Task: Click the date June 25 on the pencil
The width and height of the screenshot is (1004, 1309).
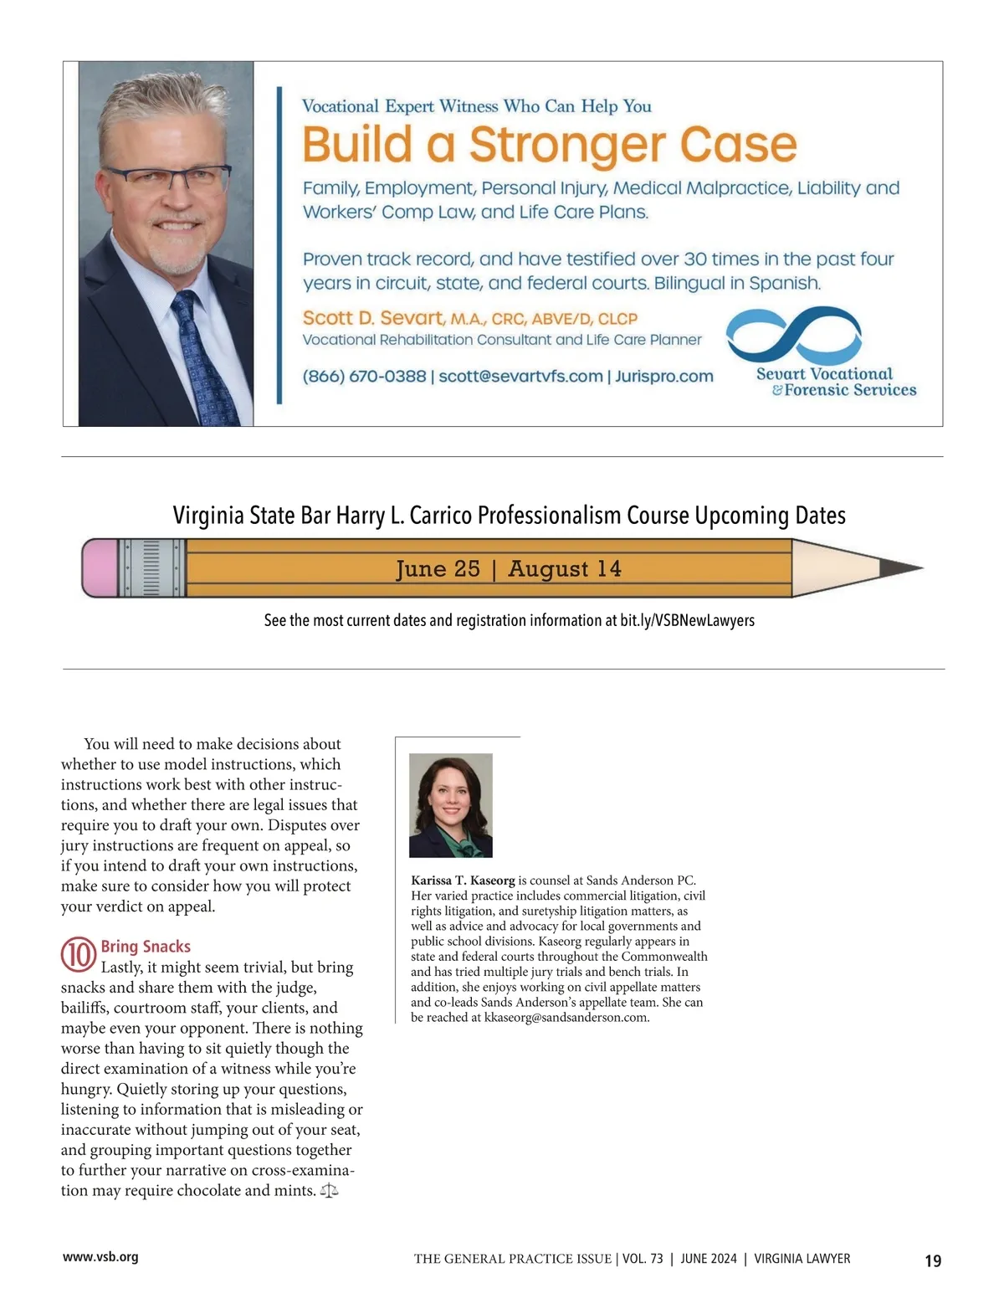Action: coord(438,569)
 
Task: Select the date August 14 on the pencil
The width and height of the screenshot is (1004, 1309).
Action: coord(565,569)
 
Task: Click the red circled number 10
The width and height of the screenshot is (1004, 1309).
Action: coord(78,955)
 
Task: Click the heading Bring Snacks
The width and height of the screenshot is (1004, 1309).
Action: coord(146,947)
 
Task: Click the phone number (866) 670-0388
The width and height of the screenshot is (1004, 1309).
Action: coord(364,377)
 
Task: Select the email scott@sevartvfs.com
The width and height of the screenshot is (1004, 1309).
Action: coord(520,377)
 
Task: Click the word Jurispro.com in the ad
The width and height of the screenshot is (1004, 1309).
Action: coord(664,377)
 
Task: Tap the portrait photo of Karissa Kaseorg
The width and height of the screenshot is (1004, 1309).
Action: coord(451,805)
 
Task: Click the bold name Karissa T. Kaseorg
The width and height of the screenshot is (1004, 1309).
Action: coord(463,880)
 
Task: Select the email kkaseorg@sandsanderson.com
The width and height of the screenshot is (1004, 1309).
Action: coord(566,1018)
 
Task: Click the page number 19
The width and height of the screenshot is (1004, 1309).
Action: coord(933,1260)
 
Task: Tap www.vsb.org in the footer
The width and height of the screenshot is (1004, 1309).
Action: coord(100,1257)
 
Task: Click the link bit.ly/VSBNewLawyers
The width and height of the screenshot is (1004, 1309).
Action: coord(687,620)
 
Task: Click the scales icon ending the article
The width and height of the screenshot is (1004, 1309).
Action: coord(330,1190)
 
